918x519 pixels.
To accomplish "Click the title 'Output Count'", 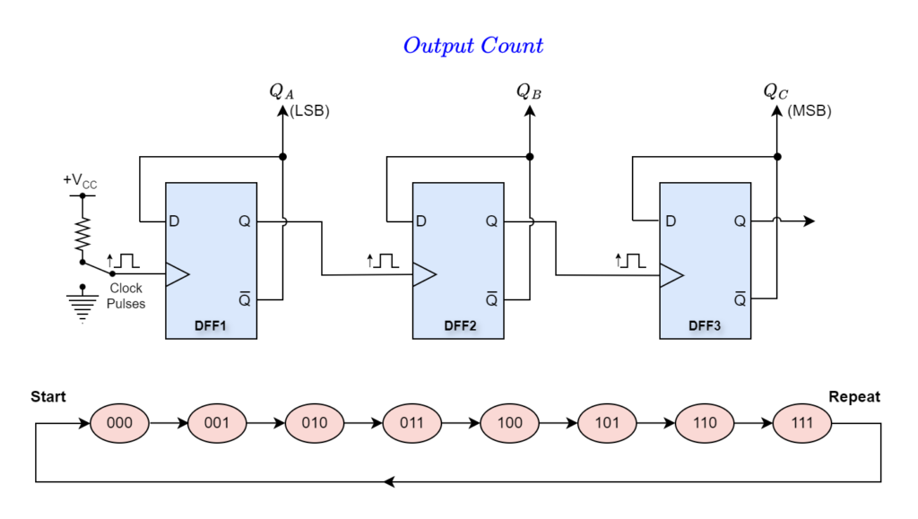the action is [x=473, y=46].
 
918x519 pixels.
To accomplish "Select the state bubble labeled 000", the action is [x=119, y=423].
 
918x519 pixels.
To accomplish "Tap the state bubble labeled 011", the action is [x=412, y=423].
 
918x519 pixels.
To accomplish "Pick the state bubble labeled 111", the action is [x=802, y=423].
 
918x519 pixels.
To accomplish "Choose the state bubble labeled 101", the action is [x=607, y=423].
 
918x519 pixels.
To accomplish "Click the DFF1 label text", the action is [x=210, y=326].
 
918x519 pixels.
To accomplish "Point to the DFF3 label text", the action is [x=705, y=326].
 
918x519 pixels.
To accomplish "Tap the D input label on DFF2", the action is [x=421, y=221].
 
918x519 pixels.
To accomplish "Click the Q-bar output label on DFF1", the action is [x=245, y=298].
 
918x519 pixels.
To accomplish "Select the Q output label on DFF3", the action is [x=740, y=221].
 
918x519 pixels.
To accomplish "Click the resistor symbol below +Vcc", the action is [x=82, y=235].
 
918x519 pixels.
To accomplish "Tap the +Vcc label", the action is [x=80, y=181].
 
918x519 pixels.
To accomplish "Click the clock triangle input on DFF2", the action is [x=424, y=274].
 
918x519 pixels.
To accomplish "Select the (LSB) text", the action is [x=309, y=110].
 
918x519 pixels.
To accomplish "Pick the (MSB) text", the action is [x=810, y=110].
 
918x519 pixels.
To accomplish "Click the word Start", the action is [x=48, y=397].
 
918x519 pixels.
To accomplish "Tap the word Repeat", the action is [x=854, y=397].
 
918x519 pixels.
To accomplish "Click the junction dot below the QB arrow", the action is [x=530, y=157].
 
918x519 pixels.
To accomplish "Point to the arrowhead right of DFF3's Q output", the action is [x=810, y=221].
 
